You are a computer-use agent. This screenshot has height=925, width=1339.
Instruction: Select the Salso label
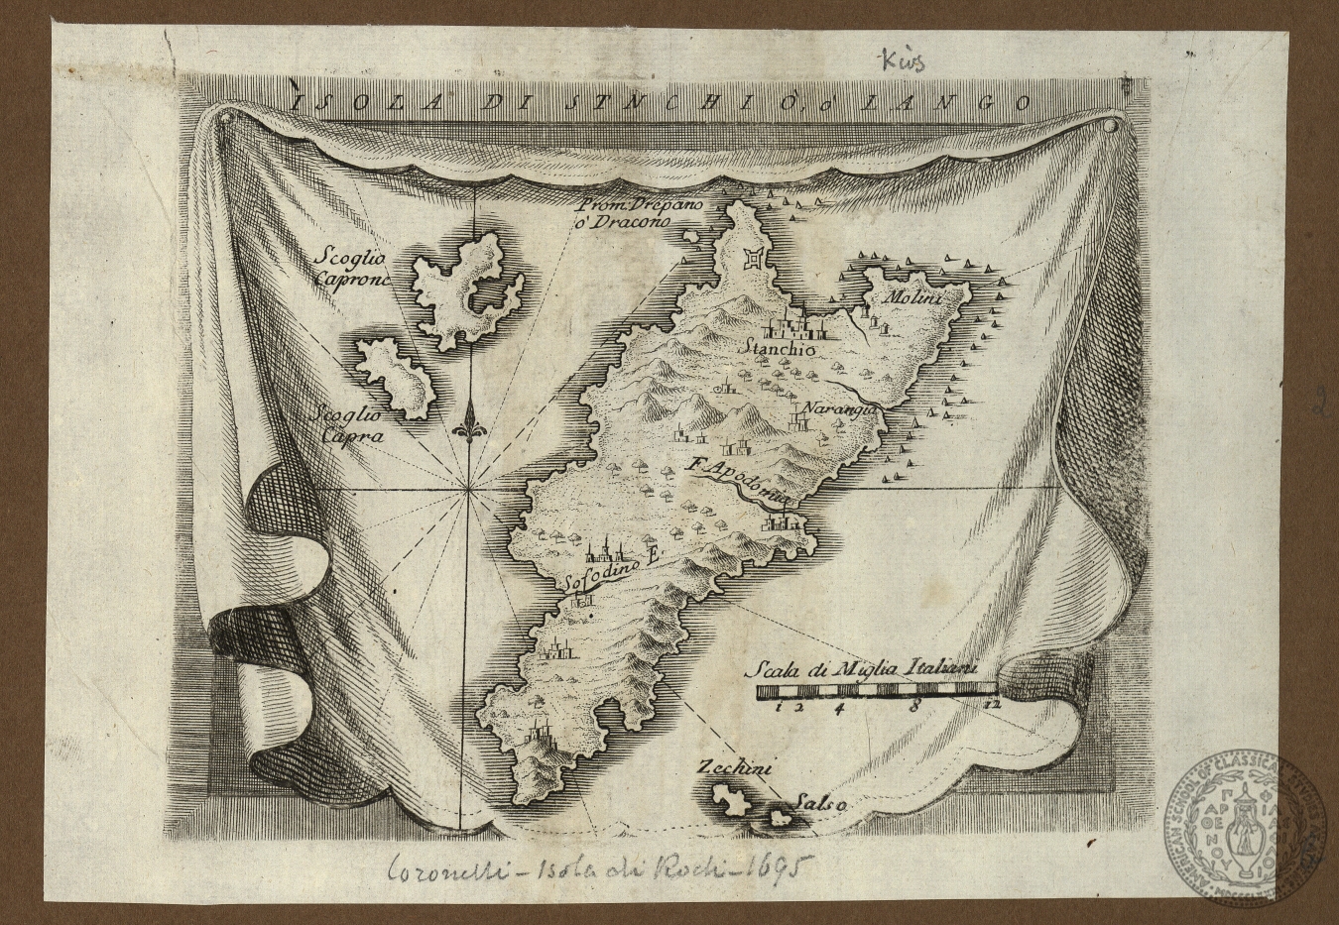click(x=818, y=804)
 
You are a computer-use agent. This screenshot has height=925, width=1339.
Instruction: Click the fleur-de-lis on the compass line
click(x=470, y=431)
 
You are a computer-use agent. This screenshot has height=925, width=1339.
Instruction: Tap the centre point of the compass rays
click(x=467, y=489)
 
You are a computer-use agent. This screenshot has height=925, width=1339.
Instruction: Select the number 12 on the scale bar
click(x=993, y=706)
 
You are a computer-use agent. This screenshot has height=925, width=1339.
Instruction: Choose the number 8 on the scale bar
click(x=914, y=706)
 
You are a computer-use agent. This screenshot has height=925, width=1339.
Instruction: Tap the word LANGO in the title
click(x=968, y=101)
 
